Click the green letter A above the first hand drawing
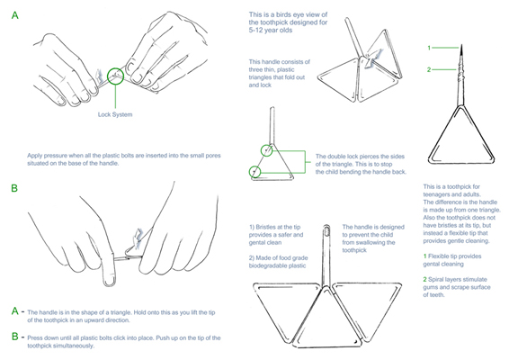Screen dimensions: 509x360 (15, 15)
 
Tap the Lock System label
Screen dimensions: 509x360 (115, 114)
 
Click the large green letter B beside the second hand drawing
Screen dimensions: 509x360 (14, 188)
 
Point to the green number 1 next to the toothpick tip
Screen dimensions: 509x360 (429, 48)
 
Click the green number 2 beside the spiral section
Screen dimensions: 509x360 (429, 69)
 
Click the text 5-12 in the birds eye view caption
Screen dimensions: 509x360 (257, 31)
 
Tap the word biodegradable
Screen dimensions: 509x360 (264, 265)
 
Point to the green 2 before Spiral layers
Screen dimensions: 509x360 (425, 279)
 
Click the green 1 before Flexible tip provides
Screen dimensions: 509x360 (424, 256)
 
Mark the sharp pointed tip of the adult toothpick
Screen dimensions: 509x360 (462, 45)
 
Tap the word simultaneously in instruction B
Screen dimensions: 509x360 (60, 346)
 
